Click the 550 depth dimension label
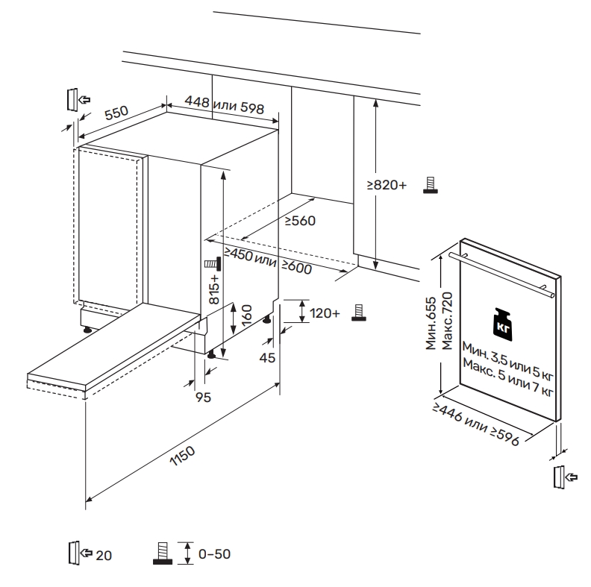[117, 113]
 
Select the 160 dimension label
[246, 318]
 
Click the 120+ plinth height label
[324, 313]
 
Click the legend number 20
[103, 554]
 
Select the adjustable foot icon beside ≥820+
[430, 185]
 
